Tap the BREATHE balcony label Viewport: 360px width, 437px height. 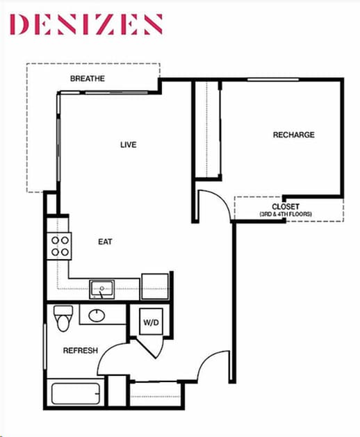[x=88, y=79]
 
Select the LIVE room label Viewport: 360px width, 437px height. [x=128, y=145]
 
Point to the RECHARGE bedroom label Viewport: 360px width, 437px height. [x=293, y=135]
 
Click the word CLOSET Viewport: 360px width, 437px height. [x=286, y=207]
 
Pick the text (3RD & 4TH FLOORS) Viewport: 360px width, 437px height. [x=286, y=215]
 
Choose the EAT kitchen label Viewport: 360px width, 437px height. [x=105, y=242]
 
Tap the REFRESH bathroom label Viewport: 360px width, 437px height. [x=80, y=351]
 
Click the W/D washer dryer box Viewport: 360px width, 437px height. [x=152, y=322]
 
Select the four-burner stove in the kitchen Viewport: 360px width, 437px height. [x=60, y=246]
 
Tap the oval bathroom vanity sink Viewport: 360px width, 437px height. [x=96, y=315]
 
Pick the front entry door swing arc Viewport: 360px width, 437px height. [x=214, y=367]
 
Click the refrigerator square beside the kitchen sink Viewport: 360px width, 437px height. [x=155, y=286]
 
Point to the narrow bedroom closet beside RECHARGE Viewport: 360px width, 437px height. [x=206, y=130]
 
